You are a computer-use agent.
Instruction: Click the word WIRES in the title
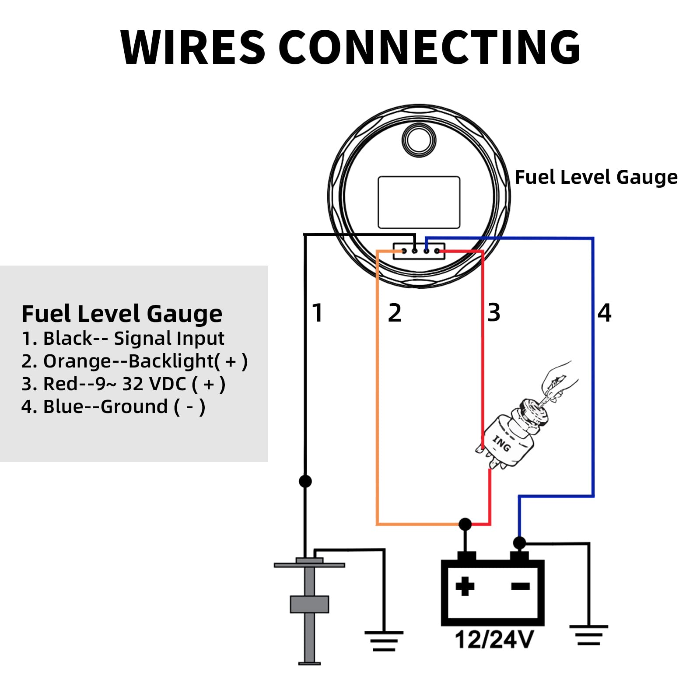tap(193, 47)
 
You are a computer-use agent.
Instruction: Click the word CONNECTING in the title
tap(429, 47)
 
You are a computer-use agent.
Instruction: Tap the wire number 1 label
tap(318, 313)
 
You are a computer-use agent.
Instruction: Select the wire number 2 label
tap(395, 313)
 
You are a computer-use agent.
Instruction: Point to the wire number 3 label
tap(494, 313)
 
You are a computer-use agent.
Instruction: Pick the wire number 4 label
tap(605, 313)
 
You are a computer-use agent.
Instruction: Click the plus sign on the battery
tap(465, 586)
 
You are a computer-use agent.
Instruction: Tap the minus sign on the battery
tap(521, 586)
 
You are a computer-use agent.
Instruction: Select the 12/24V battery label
tap(494, 639)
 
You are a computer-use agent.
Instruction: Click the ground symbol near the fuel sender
tap(384, 641)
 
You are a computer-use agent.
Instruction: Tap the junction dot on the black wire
tap(305, 481)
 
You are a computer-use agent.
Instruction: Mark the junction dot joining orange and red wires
tap(465, 524)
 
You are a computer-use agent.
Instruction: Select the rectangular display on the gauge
tap(419, 203)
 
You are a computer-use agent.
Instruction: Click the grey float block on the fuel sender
tap(309, 604)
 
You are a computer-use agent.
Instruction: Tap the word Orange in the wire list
tap(77, 361)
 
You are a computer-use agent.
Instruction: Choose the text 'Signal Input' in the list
tap(169, 339)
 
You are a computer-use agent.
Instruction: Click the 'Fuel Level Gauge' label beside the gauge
tap(596, 177)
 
